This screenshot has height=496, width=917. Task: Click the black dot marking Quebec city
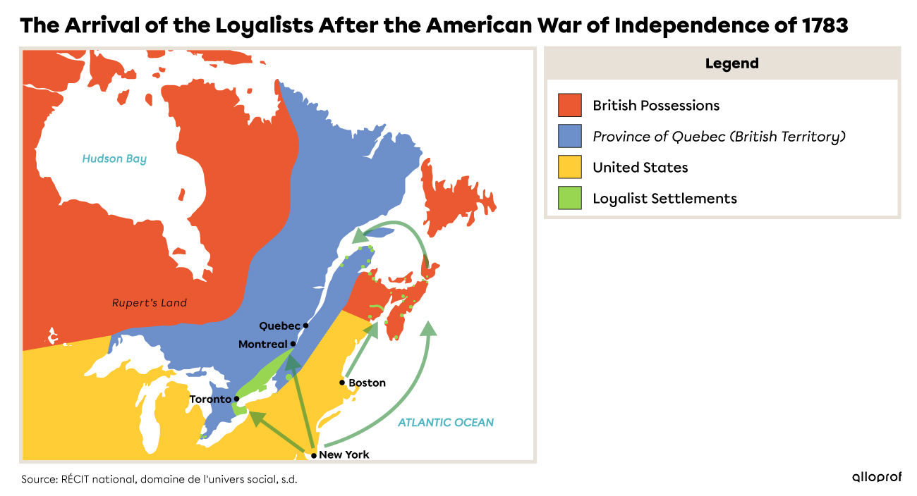(305, 325)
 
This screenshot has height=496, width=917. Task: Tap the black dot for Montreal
(293, 344)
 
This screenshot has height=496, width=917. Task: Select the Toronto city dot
(237, 399)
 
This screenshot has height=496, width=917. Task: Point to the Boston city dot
(342, 383)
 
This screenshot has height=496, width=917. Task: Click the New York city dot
(314, 455)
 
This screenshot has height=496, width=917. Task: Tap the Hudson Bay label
(114, 159)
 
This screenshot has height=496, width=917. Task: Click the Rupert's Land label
(150, 303)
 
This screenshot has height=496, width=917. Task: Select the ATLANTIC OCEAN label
(446, 422)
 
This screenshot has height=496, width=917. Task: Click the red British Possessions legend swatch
(569, 105)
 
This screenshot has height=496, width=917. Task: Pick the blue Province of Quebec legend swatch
(569, 136)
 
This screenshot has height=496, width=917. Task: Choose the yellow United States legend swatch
(569, 167)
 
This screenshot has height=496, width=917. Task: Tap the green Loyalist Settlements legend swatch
(569, 198)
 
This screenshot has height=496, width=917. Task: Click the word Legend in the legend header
(731, 63)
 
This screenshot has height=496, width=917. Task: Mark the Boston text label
(368, 383)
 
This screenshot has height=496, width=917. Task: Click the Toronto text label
(210, 399)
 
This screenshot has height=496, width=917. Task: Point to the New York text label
(344, 454)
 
